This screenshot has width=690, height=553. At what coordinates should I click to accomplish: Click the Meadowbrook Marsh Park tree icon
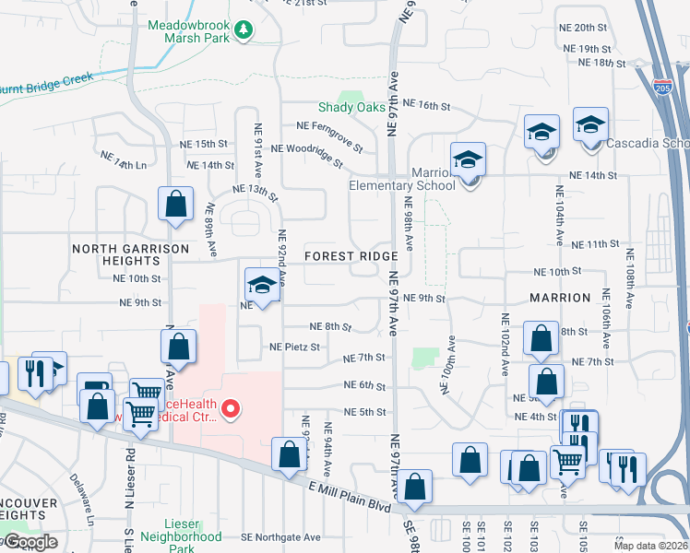(x=244, y=30)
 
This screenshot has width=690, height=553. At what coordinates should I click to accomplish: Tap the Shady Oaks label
(x=351, y=108)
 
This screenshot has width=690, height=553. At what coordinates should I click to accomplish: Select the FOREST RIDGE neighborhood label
(x=351, y=255)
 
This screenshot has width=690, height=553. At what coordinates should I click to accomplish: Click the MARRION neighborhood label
(x=560, y=298)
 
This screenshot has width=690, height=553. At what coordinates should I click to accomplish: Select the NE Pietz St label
(x=294, y=347)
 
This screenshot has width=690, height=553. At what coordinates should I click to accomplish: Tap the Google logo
(x=30, y=542)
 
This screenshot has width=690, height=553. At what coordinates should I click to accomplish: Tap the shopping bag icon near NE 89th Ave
(x=175, y=205)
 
